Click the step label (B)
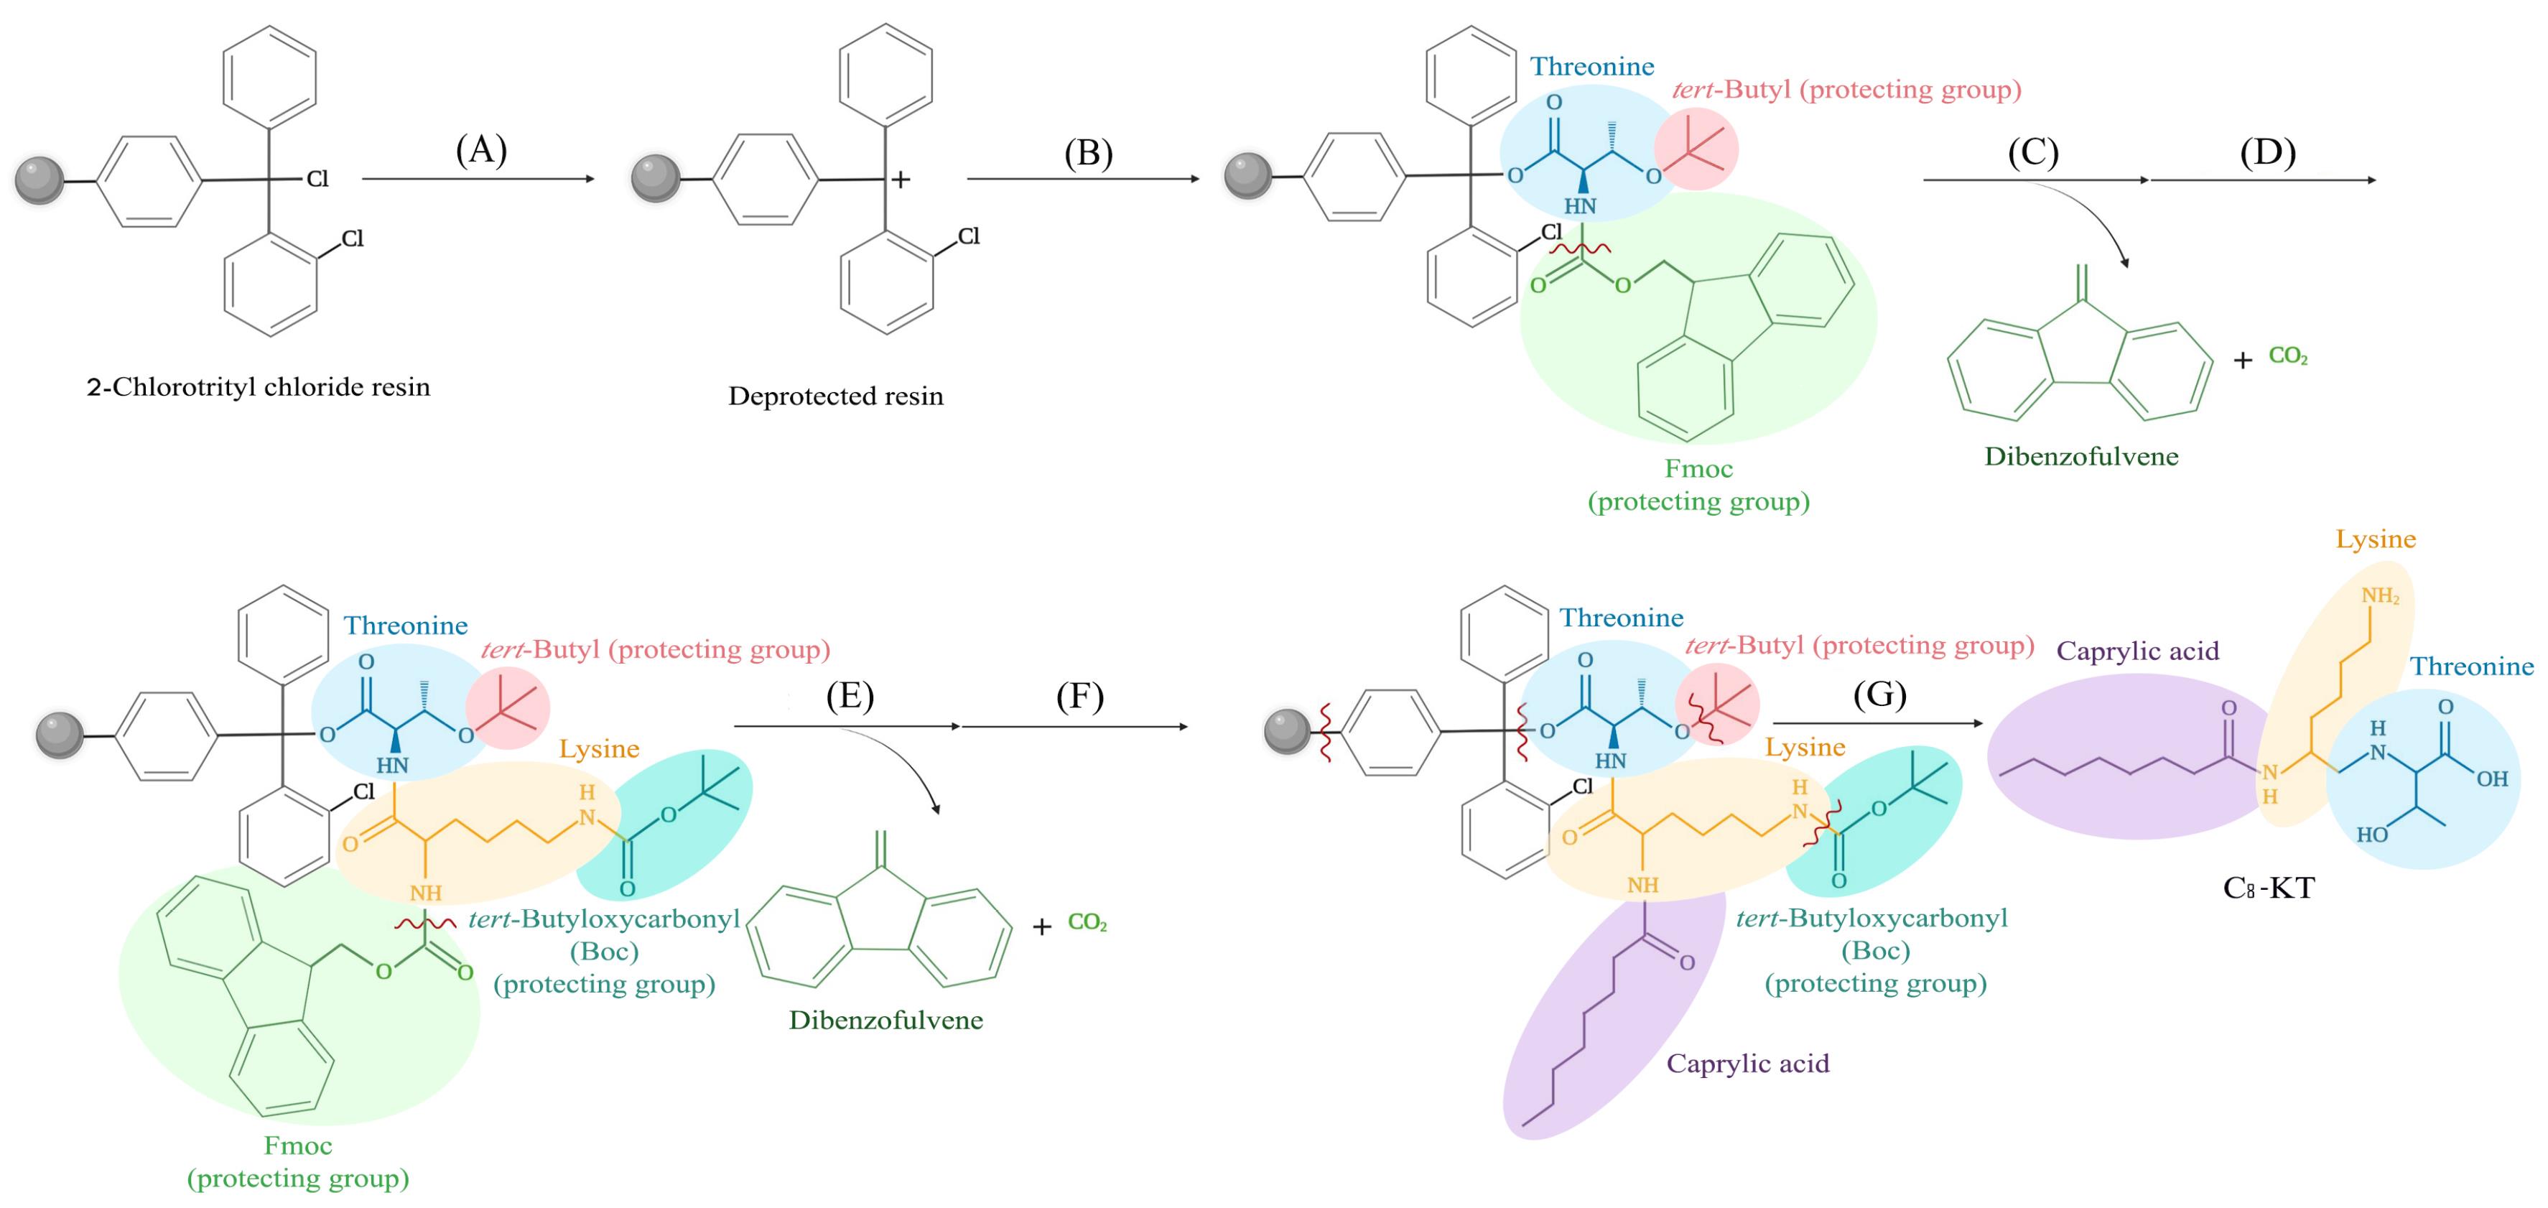click(1088, 154)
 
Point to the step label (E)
click(850, 697)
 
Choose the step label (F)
click(1079, 697)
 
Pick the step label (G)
click(1879, 694)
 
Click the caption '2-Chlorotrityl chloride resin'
click(258, 387)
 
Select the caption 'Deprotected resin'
click(836, 396)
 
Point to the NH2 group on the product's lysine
click(2380, 595)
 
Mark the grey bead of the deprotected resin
click(656, 178)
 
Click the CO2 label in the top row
click(2288, 356)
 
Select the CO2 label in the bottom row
click(1087, 923)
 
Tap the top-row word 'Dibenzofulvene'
click(2081, 457)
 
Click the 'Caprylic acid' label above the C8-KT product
click(2137, 651)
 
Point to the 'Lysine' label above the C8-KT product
click(2376, 539)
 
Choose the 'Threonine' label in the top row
click(1591, 68)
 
